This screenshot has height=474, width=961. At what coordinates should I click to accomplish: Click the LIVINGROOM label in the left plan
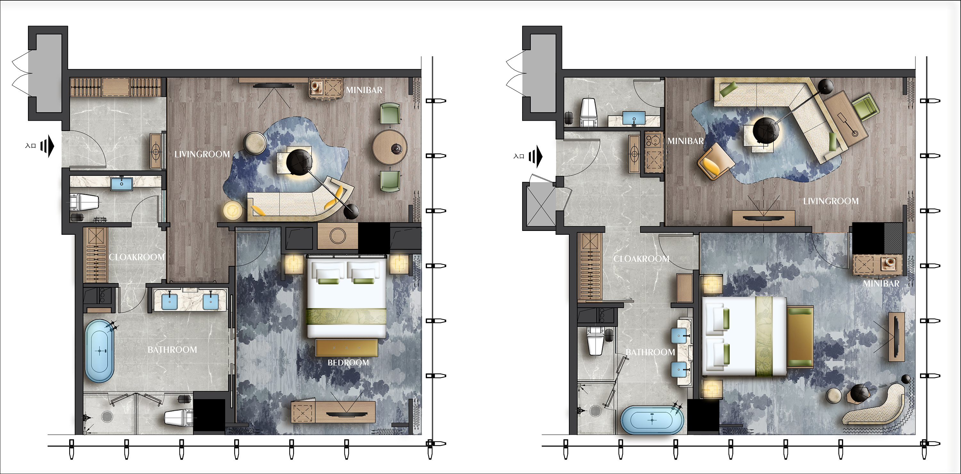[x=202, y=154]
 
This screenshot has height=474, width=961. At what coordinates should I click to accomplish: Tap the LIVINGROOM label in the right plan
[x=831, y=201]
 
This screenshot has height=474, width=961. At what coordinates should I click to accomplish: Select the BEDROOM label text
[x=348, y=363]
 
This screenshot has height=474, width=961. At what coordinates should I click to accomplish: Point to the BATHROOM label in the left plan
[x=172, y=349]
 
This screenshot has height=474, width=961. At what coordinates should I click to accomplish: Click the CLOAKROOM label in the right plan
[x=641, y=258]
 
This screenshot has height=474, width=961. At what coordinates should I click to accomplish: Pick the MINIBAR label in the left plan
[x=364, y=90]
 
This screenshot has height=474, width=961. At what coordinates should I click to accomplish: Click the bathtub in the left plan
[x=100, y=351]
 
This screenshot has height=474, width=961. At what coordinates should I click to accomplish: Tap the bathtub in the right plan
[x=652, y=420]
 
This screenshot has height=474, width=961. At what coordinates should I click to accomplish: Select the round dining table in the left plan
[x=390, y=147]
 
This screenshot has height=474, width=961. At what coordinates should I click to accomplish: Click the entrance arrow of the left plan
[x=47, y=146]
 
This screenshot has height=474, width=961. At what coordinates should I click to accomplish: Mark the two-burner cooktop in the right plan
[x=653, y=141]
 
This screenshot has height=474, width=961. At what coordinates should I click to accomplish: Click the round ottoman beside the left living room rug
[x=254, y=143]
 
